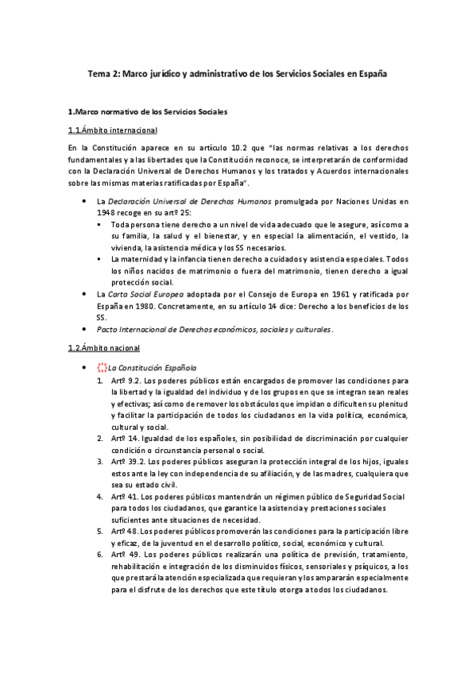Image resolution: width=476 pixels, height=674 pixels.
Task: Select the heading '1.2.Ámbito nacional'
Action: coord(104,348)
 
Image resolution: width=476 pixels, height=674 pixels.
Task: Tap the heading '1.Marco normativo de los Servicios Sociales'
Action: coord(148,112)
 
